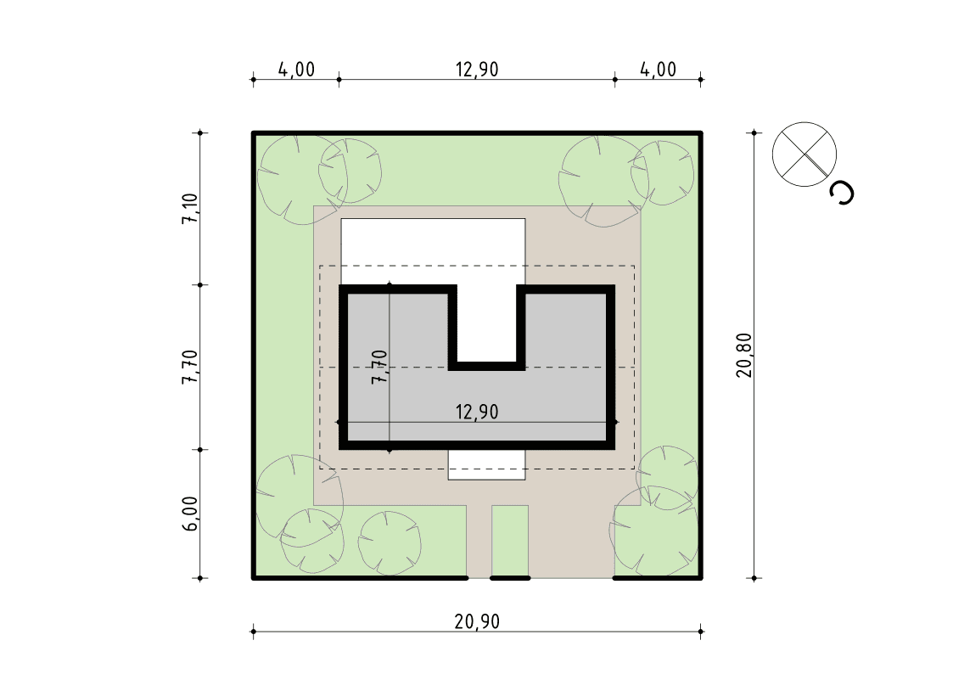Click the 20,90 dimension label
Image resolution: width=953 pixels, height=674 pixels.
(x=477, y=621)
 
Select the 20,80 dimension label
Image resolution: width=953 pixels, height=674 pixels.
(x=744, y=356)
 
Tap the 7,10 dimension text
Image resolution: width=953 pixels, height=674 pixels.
(x=190, y=209)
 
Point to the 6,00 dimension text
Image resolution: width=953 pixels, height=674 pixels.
(x=190, y=514)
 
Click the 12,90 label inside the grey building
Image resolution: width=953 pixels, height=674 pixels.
(x=477, y=412)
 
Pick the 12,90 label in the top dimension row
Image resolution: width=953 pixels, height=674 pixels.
(x=477, y=70)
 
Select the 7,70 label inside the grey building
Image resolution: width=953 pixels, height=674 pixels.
(x=379, y=367)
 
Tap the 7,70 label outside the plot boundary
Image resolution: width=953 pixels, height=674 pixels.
(x=190, y=367)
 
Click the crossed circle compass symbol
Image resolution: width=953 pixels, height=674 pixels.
(x=804, y=154)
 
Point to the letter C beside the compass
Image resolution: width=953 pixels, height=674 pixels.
(x=843, y=193)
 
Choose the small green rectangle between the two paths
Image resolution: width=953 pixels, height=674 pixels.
(x=510, y=540)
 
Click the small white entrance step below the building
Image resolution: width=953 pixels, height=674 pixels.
(x=486, y=465)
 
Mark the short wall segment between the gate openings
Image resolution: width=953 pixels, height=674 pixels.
(x=510, y=578)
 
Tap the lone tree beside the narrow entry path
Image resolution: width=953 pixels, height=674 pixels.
(x=390, y=542)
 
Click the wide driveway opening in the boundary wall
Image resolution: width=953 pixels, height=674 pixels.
(x=571, y=578)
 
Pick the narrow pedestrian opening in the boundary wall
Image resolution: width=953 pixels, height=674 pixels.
(x=479, y=578)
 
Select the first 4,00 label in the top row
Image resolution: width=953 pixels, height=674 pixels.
(x=297, y=70)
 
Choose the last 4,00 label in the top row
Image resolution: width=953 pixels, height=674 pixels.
(x=659, y=70)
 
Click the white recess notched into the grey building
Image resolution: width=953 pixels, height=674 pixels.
(x=487, y=327)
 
